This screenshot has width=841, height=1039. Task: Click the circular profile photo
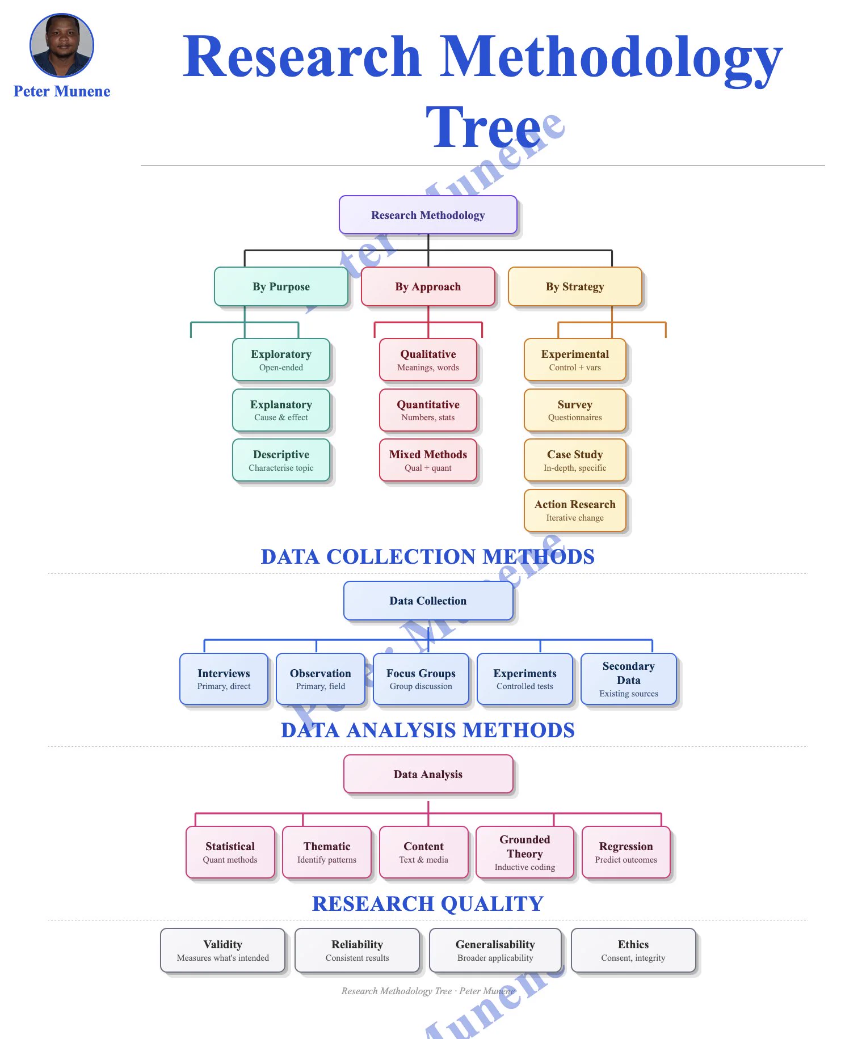tap(62, 45)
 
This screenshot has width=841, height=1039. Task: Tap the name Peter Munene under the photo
tap(62, 91)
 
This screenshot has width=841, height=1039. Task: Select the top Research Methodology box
tap(428, 215)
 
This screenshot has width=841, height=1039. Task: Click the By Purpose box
tap(281, 286)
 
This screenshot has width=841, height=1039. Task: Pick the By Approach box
tap(428, 286)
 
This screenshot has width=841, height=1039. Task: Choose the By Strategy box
tap(575, 286)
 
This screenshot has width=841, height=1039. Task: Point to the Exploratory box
tap(281, 360)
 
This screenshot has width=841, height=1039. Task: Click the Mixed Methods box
tap(428, 460)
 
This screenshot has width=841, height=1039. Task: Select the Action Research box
tap(575, 510)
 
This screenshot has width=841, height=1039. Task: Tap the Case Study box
tap(575, 460)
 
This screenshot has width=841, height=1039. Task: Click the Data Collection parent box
tap(428, 601)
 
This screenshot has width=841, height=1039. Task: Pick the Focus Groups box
tap(421, 679)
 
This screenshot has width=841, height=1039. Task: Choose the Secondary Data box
tap(629, 679)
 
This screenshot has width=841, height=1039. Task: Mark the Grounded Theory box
tap(525, 852)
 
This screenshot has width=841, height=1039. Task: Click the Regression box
tap(626, 852)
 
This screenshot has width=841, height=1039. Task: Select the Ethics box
tap(633, 951)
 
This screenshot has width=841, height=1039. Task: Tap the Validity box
tap(223, 951)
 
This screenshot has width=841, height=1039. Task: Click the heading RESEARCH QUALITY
tap(428, 903)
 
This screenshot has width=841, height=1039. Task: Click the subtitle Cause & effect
tap(281, 417)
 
